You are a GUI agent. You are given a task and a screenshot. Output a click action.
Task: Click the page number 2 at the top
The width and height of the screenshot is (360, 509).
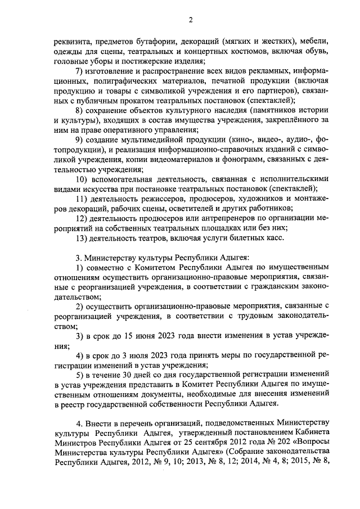point(190,21)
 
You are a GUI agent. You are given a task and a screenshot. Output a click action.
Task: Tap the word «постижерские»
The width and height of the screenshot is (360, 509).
point(139,62)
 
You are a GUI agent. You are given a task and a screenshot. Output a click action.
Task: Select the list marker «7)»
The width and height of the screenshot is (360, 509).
point(80,71)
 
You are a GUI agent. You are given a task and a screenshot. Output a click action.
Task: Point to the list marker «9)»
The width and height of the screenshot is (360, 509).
point(80,140)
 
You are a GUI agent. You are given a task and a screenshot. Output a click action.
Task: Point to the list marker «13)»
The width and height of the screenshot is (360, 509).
point(82,238)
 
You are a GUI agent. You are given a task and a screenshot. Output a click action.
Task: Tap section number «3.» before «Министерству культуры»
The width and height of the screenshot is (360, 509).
point(79,258)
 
